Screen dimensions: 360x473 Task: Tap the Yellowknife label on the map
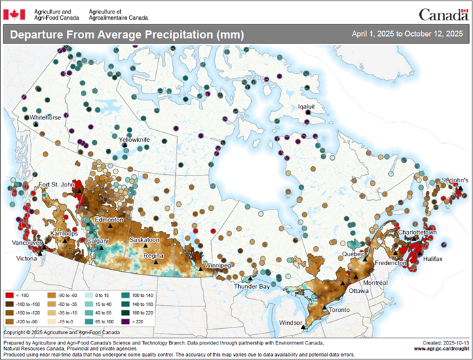click(134, 140)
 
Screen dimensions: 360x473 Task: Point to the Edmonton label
click(109, 220)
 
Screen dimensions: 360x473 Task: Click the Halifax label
click(428, 259)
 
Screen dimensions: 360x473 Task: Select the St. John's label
click(455, 180)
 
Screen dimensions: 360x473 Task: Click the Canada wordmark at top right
click(442, 14)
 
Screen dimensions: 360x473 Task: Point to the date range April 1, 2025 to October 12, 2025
click(407, 34)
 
